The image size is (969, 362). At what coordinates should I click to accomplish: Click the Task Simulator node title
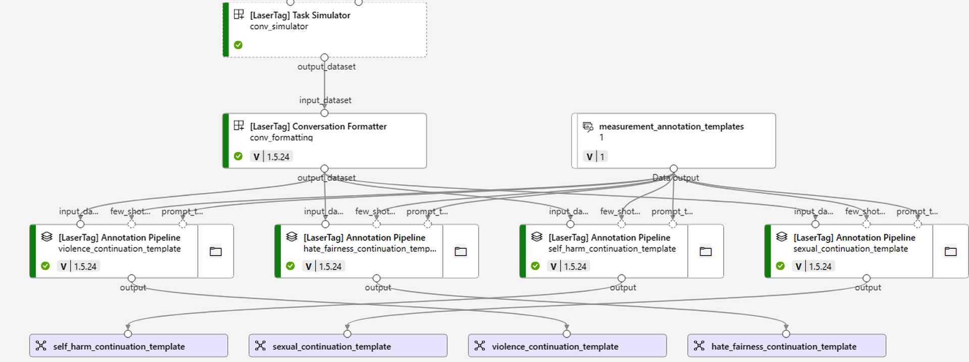pyautogui.click(x=300, y=15)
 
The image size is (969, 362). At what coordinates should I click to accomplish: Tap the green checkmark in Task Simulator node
pyautogui.click(x=238, y=45)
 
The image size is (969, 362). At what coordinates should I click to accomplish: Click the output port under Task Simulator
pyautogui.click(x=325, y=58)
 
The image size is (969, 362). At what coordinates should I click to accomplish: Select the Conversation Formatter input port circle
pyautogui.click(x=325, y=113)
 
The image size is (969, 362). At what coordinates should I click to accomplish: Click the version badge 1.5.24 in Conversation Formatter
pyautogui.click(x=272, y=157)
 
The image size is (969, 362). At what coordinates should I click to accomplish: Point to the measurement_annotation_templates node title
pyautogui.click(x=671, y=126)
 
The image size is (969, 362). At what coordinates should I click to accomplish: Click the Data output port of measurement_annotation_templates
pyautogui.click(x=674, y=169)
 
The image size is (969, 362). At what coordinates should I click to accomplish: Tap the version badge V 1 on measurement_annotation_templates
pyautogui.click(x=595, y=157)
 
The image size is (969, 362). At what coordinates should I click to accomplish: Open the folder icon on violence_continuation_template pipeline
pyautogui.click(x=216, y=251)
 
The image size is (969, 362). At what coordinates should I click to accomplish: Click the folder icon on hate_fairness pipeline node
pyautogui.click(x=461, y=251)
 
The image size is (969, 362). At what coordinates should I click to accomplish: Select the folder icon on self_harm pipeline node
pyautogui.click(x=705, y=251)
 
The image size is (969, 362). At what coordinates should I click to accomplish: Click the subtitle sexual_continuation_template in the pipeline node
pyautogui.click(x=850, y=248)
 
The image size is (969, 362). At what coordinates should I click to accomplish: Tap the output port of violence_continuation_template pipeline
pyautogui.click(x=132, y=278)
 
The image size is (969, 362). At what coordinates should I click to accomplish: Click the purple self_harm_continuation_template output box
pyautogui.click(x=128, y=346)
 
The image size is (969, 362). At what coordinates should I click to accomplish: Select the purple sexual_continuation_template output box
pyautogui.click(x=347, y=346)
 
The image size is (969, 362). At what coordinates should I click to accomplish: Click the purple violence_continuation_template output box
pyautogui.click(x=567, y=346)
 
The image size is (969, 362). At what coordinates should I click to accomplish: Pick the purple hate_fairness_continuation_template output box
pyautogui.click(x=786, y=346)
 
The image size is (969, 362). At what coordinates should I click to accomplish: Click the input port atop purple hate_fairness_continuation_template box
pyautogui.click(x=786, y=334)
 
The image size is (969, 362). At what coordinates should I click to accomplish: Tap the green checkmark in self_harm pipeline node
pyautogui.click(x=535, y=266)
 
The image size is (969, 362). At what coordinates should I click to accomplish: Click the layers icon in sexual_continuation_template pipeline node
pyautogui.click(x=782, y=236)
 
